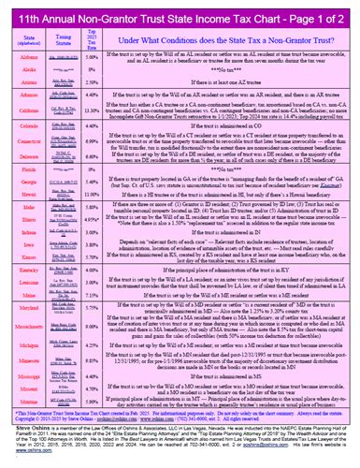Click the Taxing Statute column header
pos(59,39)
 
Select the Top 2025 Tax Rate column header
pos(91,37)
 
